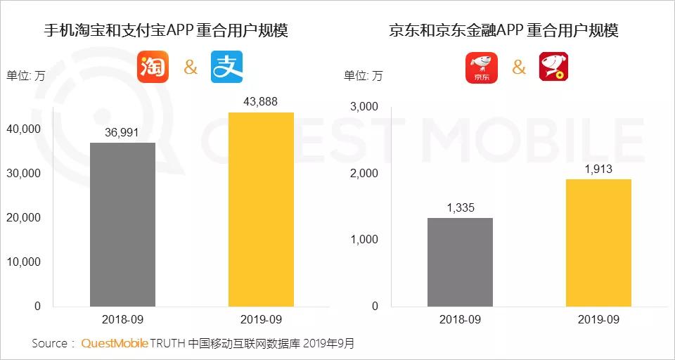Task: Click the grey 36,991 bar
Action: [x=122, y=224]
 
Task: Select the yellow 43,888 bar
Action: [x=261, y=210]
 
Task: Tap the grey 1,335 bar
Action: [x=460, y=262]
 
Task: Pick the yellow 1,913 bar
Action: [x=598, y=243]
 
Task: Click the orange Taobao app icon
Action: [x=153, y=67]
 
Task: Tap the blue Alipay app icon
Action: [x=227, y=67]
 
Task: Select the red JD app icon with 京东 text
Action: [x=482, y=67]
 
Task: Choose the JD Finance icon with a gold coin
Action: [x=553, y=67]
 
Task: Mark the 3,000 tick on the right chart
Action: [x=363, y=107]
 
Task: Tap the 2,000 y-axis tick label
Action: [x=363, y=173]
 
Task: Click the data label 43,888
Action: [x=261, y=102]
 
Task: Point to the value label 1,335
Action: [x=460, y=207]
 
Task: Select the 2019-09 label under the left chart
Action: [x=261, y=319]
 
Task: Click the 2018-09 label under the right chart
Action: [x=460, y=319]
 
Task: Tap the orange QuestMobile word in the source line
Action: [x=115, y=344]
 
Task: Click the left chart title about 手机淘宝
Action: [x=166, y=31]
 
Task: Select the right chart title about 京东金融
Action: [x=503, y=31]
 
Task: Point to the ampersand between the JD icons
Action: [x=519, y=67]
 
